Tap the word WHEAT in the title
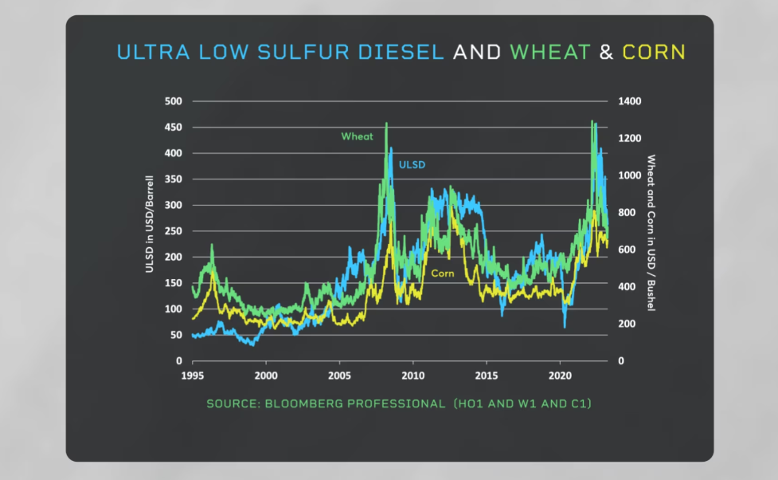pos(549,53)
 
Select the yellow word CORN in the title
pos(654,53)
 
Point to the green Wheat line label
pos(357,136)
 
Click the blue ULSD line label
pos(412,165)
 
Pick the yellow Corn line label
pos(443,273)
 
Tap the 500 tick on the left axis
pos(174,101)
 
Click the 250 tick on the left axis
pos(174,231)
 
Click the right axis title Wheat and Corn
pos(651,232)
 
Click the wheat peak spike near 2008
pos(386,125)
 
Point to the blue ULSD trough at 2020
pos(565,325)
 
